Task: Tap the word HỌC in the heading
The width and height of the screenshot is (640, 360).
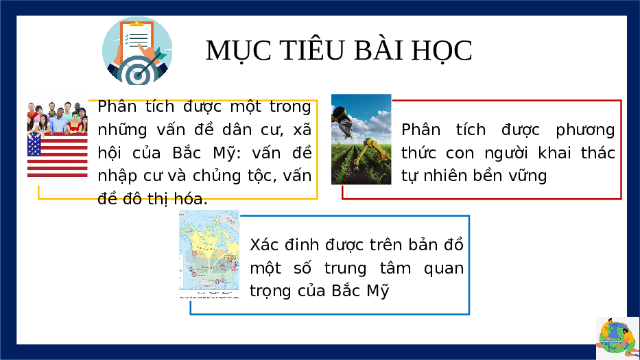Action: coord(442,51)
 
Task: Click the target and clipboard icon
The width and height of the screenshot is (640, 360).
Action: coord(137,51)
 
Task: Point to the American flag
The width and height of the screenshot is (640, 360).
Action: coord(57,155)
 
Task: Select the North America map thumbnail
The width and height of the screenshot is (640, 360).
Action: coord(209,254)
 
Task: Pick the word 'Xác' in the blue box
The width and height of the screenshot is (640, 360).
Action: coord(264,245)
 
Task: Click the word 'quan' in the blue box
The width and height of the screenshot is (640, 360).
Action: coord(444,269)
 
